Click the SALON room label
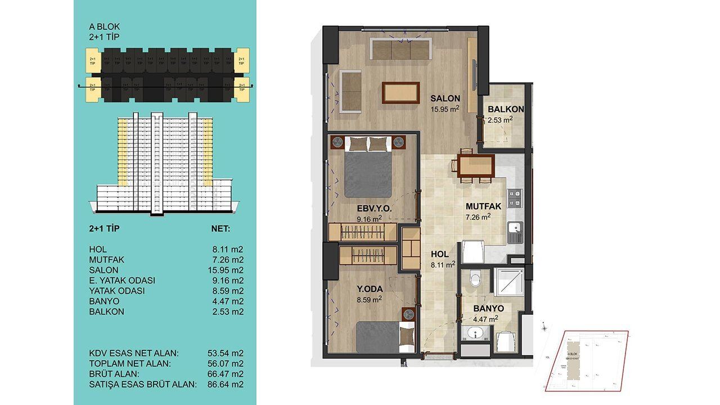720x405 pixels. tap(445, 97)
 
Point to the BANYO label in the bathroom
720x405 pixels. tap(488, 309)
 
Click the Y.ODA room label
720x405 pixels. tap(370, 289)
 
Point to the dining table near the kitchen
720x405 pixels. tap(475, 166)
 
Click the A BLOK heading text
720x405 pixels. tap(105, 26)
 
